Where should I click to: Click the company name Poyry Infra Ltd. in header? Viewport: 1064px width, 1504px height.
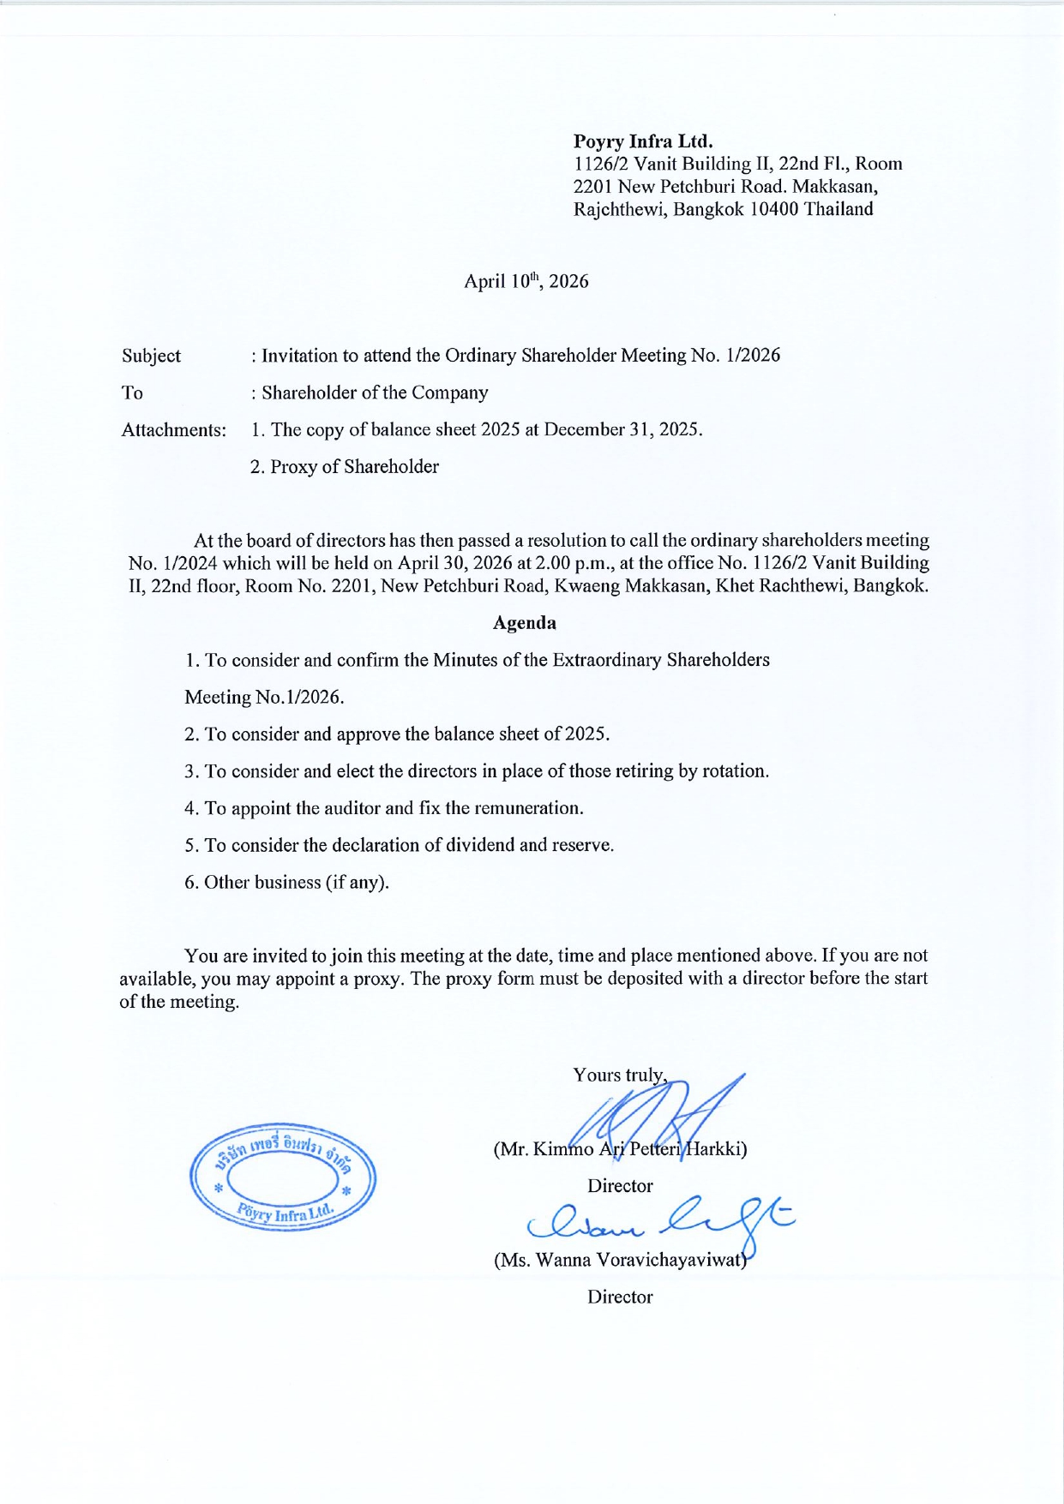pos(643,141)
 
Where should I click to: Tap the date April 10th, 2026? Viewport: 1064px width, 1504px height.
pos(526,281)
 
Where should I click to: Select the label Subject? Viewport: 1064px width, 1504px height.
pos(151,356)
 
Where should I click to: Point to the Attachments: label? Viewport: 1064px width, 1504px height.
pos(173,430)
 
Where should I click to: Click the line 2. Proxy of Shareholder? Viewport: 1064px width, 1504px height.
pos(344,467)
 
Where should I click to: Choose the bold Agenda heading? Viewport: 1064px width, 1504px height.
pos(524,623)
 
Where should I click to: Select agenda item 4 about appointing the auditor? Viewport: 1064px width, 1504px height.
pos(383,808)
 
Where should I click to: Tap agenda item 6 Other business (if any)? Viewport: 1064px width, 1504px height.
pos(286,883)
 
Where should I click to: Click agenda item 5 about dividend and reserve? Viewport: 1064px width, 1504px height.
pos(399,845)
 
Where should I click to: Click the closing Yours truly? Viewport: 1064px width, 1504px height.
pos(619,1076)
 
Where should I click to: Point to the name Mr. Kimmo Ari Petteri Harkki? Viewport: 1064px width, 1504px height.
pos(620,1149)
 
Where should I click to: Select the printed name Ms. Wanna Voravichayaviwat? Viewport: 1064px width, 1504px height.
pos(620,1261)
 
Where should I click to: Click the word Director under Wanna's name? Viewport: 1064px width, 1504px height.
pos(620,1297)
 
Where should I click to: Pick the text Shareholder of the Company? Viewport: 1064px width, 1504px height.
pos(375,393)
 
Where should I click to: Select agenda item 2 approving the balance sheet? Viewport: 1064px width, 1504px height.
pos(397,734)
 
